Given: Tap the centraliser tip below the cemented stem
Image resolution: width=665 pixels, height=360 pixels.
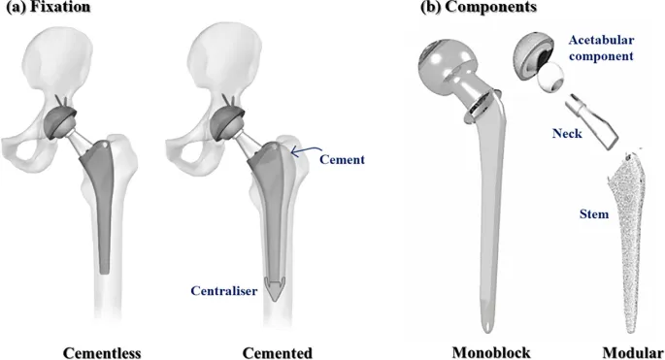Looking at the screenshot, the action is click(x=277, y=291).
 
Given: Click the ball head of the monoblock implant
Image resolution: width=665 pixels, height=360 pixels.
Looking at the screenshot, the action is click(x=446, y=68).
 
